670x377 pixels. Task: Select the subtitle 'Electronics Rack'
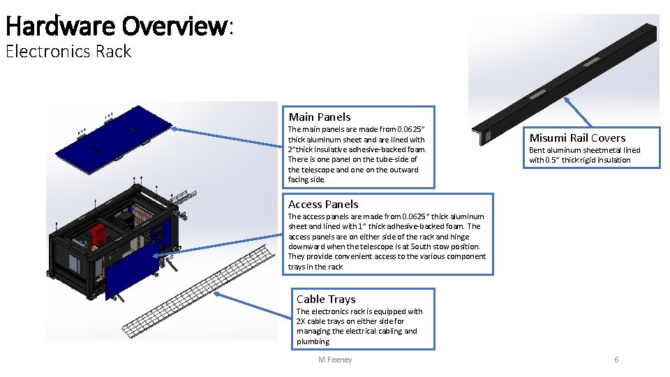tap(68, 52)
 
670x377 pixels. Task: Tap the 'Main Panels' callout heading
tap(320, 117)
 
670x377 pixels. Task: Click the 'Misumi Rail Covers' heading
tap(577, 138)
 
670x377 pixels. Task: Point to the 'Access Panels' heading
tap(323, 204)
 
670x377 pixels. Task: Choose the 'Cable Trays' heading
tap(326, 299)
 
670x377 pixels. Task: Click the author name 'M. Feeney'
tap(335, 360)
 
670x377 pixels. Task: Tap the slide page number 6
tap(616, 360)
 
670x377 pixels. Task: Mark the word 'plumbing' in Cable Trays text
tap(313, 341)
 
